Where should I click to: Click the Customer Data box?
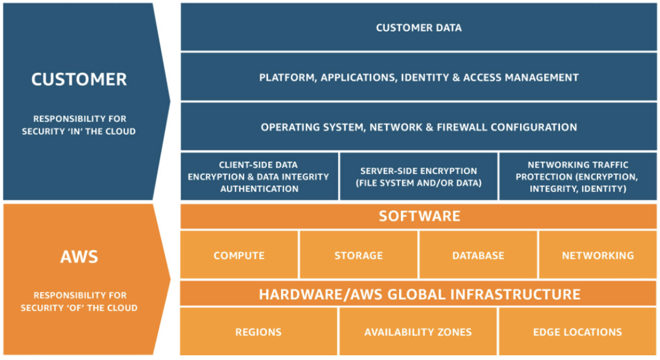(x=419, y=27)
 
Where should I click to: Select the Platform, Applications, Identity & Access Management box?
(x=419, y=77)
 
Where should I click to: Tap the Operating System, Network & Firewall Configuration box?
(x=419, y=126)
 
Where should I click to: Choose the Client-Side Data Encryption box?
(x=259, y=176)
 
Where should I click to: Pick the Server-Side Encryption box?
(x=418, y=176)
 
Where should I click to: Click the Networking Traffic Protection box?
(x=578, y=176)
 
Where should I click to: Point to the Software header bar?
(x=419, y=216)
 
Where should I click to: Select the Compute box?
(x=239, y=255)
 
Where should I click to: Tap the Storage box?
(x=359, y=255)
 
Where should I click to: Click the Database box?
(x=478, y=255)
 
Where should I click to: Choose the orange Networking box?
(x=597, y=255)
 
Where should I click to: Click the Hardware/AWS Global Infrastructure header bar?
(x=419, y=294)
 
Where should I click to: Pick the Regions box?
(x=259, y=332)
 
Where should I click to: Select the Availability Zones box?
(x=418, y=332)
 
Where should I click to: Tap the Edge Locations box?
(x=578, y=332)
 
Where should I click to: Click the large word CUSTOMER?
(x=79, y=79)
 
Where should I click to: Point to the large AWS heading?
(x=79, y=256)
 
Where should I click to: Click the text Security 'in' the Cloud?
(x=79, y=131)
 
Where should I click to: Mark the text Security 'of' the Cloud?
(x=79, y=308)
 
